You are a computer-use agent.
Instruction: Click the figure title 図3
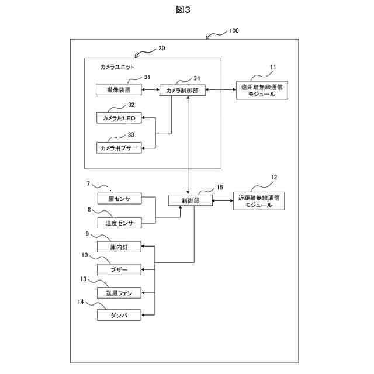pos(183,10)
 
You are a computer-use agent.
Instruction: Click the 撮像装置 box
pos(119,89)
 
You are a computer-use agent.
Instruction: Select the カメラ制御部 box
pos(182,90)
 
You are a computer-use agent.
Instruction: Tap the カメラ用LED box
pos(119,118)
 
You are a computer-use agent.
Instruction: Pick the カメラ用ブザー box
pos(119,148)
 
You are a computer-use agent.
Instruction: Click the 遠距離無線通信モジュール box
pos(262,90)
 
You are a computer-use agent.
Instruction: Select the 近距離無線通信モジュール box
pos(259,201)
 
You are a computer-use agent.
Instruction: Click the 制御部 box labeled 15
pos(191,200)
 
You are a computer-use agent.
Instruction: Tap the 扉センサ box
pos(119,199)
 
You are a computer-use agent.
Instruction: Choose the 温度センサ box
pos(119,223)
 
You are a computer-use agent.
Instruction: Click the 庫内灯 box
pos(119,247)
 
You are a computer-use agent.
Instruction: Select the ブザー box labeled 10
pos(119,269)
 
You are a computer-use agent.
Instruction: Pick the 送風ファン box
pos(119,293)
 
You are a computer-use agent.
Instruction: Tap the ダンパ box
pos(119,315)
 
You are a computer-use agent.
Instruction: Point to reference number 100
pos(234,30)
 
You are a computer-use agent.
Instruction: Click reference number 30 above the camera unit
pos(162,48)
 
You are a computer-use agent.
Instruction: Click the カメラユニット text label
pos(117,67)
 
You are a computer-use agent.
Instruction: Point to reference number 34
pos(197,78)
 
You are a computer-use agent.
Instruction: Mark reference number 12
pos(274,177)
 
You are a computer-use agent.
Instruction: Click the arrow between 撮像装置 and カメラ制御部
pos(151,89)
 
